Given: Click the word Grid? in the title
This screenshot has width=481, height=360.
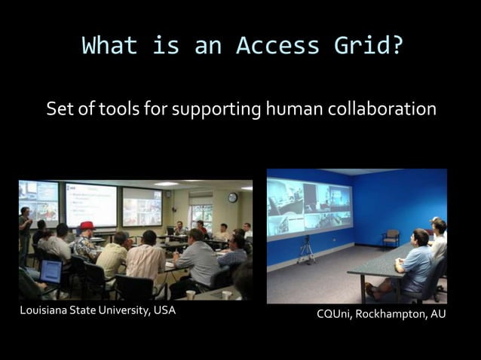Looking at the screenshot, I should point(365,46).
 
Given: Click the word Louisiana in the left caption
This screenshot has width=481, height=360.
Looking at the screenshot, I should point(47,311).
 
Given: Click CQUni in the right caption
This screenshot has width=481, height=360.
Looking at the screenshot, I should point(334,314).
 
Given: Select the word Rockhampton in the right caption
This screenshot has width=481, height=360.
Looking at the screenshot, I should point(389,314).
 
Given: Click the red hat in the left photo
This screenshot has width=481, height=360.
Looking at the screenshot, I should point(87,225).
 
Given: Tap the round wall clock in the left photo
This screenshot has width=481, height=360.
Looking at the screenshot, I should point(233,197).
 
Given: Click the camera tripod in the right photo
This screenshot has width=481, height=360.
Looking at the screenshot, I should point(306,251).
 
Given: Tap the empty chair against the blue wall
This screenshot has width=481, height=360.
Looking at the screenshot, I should point(391,237).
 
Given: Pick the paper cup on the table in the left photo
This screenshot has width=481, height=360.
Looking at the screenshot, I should point(190,294).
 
